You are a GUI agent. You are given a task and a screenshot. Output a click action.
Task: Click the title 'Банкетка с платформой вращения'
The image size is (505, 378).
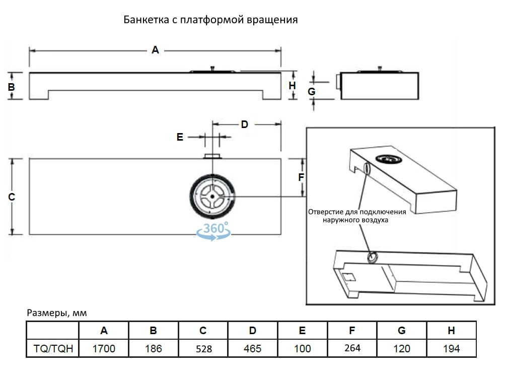click(210, 20)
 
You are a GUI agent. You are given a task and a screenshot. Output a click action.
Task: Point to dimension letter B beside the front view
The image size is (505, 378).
click(11, 87)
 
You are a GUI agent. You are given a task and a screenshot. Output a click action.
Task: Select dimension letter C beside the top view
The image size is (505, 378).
click(12, 197)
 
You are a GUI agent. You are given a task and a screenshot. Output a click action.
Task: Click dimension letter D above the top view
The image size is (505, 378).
click(244, 124)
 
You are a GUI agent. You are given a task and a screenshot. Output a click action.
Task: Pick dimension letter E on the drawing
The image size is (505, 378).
click(180, 137)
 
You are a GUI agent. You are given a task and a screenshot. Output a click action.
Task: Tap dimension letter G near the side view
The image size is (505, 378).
click(311, 92)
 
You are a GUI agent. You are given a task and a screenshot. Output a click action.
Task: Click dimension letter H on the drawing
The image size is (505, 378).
click(292, 86)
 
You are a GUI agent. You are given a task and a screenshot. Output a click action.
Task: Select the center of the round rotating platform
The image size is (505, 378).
click(213, 197)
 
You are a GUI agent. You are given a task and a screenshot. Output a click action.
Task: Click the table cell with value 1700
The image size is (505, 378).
click(104, 348)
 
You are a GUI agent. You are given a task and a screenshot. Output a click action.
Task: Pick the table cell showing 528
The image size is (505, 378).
click(203, 348)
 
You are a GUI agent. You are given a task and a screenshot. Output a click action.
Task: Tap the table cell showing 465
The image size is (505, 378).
click(252, 348)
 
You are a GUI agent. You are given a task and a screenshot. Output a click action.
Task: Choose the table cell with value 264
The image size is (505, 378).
click(352, 348)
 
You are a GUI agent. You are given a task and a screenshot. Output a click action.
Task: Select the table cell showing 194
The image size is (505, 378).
click(451, 348)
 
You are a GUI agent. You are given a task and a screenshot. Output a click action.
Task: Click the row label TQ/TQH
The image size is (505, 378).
click(53, 348)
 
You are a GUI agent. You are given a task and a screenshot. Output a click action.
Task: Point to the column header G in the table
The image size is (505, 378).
click(401, 331)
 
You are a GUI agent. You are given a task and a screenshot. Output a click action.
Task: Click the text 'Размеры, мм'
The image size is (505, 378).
click(57, 313)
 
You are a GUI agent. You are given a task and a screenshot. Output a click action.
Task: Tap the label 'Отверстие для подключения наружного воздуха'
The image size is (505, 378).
click(356, 216)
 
